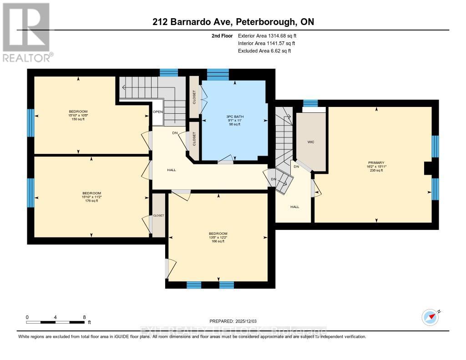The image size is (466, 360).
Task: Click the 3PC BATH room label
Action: [236, 117]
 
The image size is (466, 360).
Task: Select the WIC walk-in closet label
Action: [311, 142]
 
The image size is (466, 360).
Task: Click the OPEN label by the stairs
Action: [157, 112]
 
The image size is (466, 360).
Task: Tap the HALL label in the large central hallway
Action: [172, 170]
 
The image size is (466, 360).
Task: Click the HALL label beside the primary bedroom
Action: [295, 207]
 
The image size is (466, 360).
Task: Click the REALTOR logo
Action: [27, 32]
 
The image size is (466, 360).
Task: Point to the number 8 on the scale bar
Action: [84, 317]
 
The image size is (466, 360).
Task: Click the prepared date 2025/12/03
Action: [236, 321]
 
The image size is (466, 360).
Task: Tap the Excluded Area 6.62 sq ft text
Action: [264, 51]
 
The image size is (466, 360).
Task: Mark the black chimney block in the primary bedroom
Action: [428, 168]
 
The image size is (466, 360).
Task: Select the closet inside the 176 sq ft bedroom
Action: [158, 215]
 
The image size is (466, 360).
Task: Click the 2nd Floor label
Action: [223, 35]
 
